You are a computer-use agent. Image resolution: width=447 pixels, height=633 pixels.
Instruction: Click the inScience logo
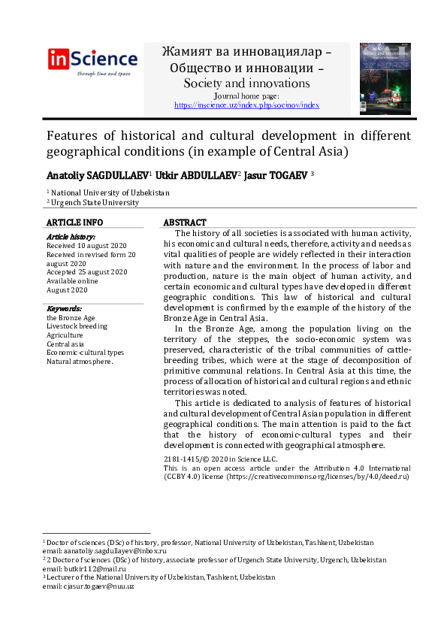pyautogui.click(x=93, y=60)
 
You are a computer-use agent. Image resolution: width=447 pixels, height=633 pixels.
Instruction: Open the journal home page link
pyautogui.click(x=246, y=105)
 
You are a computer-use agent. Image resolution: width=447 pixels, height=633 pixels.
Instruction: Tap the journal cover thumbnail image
pyautogui.click(x=385, y=79)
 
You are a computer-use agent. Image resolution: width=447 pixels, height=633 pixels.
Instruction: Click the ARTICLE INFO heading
pyautogui.click(x=75, y=223)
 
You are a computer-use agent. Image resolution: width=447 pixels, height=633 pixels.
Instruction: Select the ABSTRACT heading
pyautogui.click(x=185, y=223)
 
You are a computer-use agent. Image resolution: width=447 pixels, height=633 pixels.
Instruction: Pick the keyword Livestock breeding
pyautogui.click(x=77, y=326)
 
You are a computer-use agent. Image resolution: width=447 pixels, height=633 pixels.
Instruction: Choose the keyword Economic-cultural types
pyautogui.click(x=85, y=353)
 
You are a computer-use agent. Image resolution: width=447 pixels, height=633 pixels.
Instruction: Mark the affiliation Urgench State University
pyautogui.click(x=95, y=202)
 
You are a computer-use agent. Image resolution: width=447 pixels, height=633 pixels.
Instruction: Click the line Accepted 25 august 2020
pyautogui.click(x=87, y=272)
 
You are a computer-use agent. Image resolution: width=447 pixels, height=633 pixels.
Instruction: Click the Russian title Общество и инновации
pyautogui.click(x=246, y=68)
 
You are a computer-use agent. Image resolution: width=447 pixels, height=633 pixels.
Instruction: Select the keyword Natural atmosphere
pyautogui.click(x=80, y=362)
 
